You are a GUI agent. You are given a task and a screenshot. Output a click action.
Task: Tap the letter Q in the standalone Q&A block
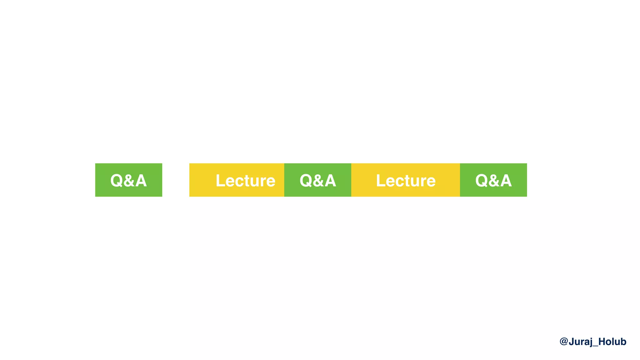pos(117,181)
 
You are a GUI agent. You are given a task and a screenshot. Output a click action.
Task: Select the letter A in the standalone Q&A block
pos(140,180)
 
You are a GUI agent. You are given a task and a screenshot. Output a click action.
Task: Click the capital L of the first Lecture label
pos(220,180)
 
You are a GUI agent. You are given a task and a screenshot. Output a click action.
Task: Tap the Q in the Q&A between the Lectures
pos(306,181)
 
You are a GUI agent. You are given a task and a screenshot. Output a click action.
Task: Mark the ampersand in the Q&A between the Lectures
pos(318,181)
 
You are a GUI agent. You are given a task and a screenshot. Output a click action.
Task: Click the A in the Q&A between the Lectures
pos(330,180)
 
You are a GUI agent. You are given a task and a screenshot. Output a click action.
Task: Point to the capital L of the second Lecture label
pos(380,180)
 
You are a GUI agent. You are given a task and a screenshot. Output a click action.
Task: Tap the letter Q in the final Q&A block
pos(482,181)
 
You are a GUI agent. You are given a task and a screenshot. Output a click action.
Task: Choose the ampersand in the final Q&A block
pos(494,181)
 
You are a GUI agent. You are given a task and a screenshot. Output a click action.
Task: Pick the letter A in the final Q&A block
pos(505,180)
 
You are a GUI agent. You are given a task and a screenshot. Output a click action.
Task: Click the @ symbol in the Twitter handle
pos(564,342)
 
